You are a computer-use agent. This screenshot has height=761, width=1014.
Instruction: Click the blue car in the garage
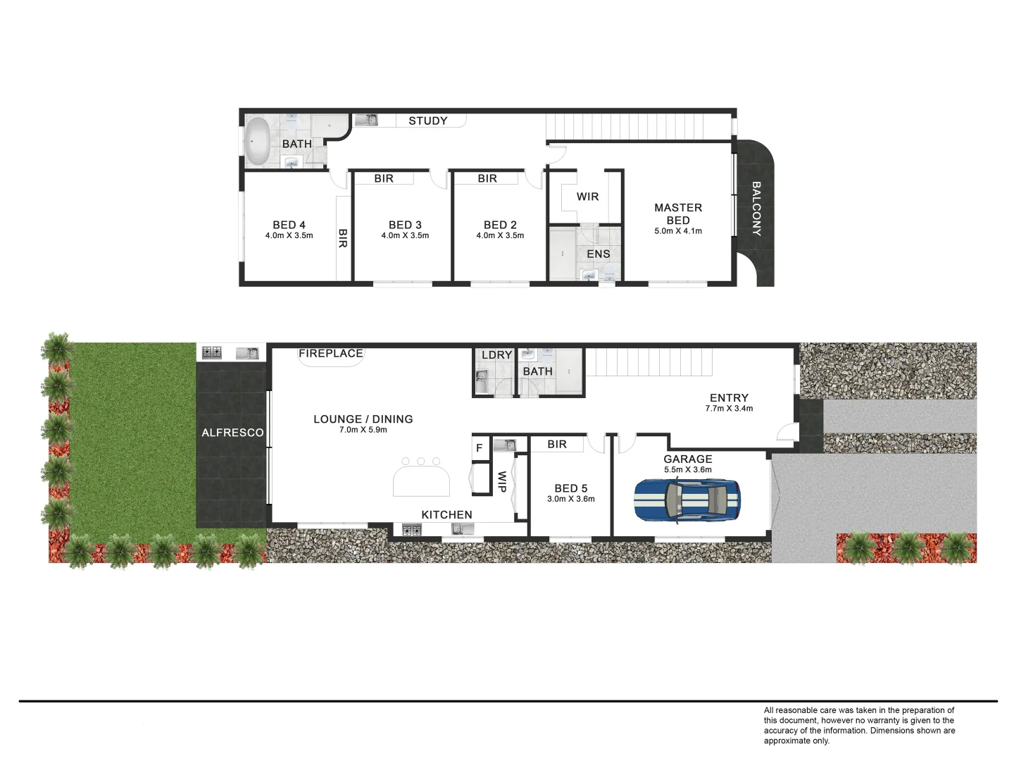pyautogui.click(x=687, y=500)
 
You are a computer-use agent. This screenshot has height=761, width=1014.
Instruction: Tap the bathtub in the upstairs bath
pyautogui.click(x=257, y=141)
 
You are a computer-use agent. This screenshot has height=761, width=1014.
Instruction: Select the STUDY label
pyautogui.click(x=428, y=120)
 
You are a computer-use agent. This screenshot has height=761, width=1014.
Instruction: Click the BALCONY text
pyautogui.click(x=756, y=209)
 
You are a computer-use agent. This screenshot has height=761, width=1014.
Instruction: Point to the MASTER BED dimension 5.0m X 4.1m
pyautogui.click(x=678, y=231)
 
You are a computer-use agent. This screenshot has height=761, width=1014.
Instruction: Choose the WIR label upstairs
pyautogui.click(x=587, y=197)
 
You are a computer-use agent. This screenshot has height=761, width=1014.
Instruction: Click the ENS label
pyautogui.click(x=599, y=254)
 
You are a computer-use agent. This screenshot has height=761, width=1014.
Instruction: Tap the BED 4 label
pyautogui.click(x=289, y=225)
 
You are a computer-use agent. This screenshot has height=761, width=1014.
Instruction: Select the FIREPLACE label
pyautogui.click(x=331, y=353)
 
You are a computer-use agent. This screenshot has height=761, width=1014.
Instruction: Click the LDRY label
pyautogui.click(x=496, y=354)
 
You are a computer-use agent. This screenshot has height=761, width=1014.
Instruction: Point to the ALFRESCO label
pyautogui.click(x=232, y=433)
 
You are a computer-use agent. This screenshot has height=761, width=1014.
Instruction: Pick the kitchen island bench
pyautogui.click(x=421, y=483)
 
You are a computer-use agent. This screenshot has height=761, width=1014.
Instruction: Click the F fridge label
pyautogui.click(x=480, y=447)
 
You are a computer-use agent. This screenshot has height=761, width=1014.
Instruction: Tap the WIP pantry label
pyautogui.click(x=502, y=482)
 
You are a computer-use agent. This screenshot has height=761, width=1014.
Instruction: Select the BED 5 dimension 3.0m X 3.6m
pyautogui.click(x=570, y=499)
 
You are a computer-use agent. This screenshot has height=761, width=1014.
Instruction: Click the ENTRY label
pyautogui.click(x=729, y=397)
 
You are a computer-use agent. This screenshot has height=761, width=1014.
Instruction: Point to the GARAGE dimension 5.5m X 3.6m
pyautogui.click(x=687, y=469)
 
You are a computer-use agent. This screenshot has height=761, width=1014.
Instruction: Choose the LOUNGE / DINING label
pyautogui.click(x=363, y=419)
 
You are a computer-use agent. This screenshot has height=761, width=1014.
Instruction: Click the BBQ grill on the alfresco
pyautogui.click(x=212, y=352)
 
